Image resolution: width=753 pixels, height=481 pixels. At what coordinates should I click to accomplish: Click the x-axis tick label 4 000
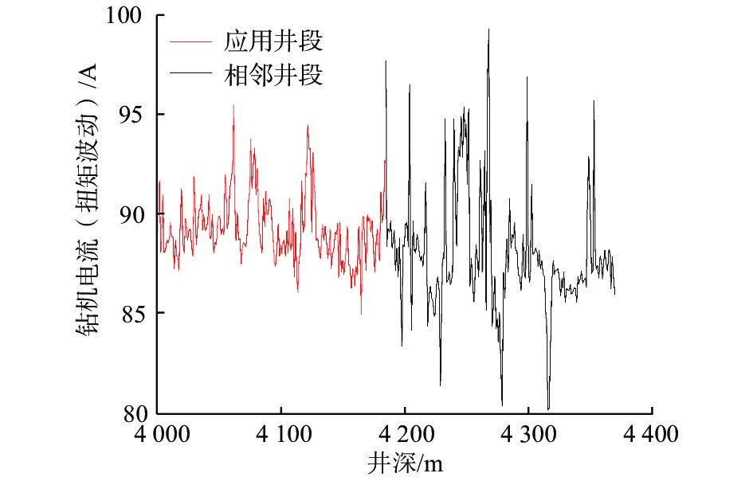click(158, 436)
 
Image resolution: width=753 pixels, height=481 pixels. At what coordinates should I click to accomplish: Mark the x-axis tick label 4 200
click(405, 436)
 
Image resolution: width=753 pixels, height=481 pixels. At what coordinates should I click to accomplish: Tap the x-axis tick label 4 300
click(528, 436)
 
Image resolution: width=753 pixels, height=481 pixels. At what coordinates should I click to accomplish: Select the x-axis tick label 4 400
click(652, 436)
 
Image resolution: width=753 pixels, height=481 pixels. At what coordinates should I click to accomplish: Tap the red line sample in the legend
click(192, 39)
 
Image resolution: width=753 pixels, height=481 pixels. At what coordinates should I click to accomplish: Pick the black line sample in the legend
click(192, 76)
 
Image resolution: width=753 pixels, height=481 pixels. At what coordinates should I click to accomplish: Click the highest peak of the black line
click(488, 29)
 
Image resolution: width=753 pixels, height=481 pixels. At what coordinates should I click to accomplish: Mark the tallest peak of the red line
click(233, 105)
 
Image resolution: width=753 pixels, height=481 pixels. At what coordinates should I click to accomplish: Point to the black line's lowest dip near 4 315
click(548, 408)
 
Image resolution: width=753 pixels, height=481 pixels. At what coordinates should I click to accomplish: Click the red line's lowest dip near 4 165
click(361, 313)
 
